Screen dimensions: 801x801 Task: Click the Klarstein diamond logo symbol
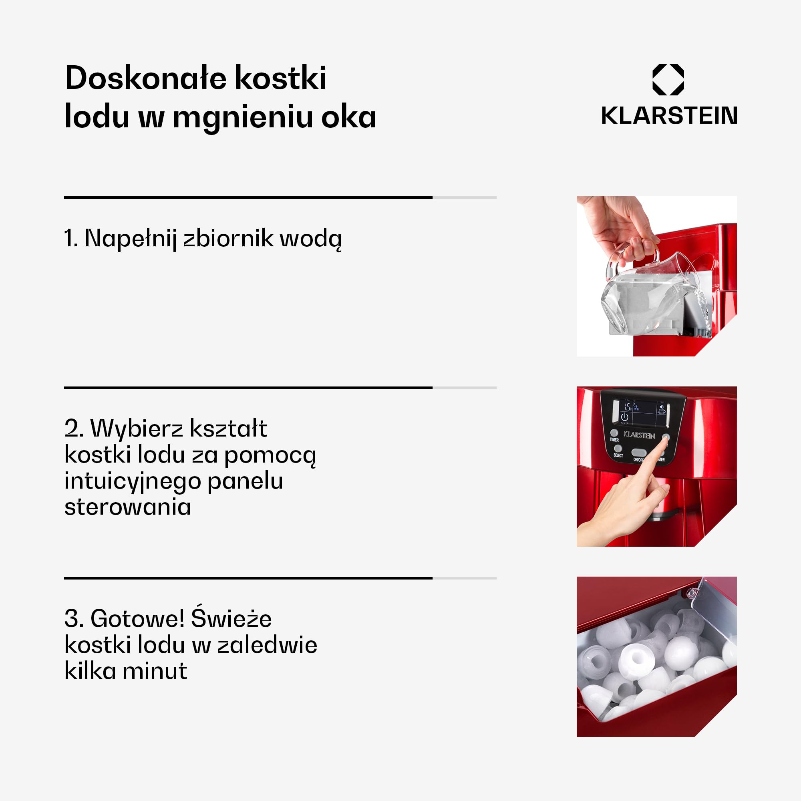tap(668, 80)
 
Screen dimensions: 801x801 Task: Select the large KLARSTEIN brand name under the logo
tap(669, 116)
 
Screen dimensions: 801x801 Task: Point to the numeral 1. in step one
tap(71, 238)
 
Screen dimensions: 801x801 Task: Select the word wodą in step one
tap(311, 239)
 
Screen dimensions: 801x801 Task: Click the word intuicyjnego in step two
tap(132, 482)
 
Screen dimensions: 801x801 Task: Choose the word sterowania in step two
tap(128, 507)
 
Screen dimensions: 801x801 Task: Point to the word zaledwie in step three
tap(268, 645)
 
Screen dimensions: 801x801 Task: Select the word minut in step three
tap(155, 671)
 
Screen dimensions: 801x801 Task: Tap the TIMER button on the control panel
tap(614, 433)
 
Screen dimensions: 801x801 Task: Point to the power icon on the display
tap(624, 417)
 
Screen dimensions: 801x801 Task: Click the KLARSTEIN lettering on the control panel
tap(639, 435)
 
